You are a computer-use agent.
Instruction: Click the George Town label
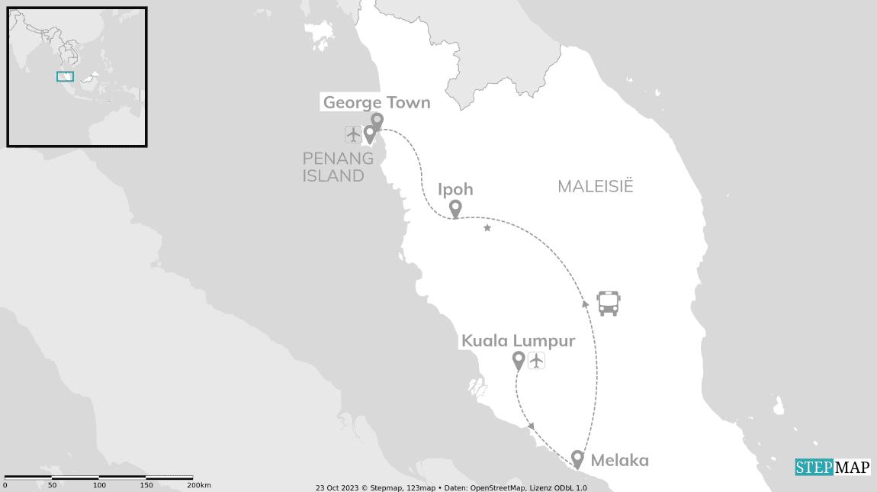pyautogui.click(x=377, y=102)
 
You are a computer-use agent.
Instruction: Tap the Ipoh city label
pyautogui.click(x=455, y=189)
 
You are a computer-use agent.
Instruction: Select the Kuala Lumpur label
pyautogui.click(x=518, y=341)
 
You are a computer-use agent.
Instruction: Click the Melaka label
pyautogui.click(x=619, y=460)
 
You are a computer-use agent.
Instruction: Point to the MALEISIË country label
pyautogui.click(x=596, y=187)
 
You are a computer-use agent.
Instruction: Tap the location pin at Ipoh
pyautogui.click(x=455, y=207)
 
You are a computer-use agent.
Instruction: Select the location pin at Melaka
pyautogui.click(x=578, y=458)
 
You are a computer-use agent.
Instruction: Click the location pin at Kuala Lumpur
pyautogui.click(x=519, y=359)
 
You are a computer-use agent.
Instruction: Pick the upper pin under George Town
pyautogui.click(x=376, y=121)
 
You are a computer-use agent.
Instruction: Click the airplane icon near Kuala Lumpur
pyautogui.click(x=537, y=360)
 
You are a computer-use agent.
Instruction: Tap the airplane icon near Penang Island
pyautogui.click(x=352, y=135)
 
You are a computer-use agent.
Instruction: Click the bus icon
pyautogui.click(x=608, y=303)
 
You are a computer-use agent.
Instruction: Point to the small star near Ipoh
pyautogui.click(x=487, y=227)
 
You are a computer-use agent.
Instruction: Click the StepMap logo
pyautogui.click(x=833, y=467)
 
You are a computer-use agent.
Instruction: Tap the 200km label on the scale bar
pyautogui.click(x=199, y=485)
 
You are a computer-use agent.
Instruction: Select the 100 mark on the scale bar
pyautogui.click(x=100, y=485)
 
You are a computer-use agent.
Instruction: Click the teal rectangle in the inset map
pyautogui.click(x=65, y=76)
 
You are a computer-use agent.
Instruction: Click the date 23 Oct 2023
pyautogui.click(x=337, y=487)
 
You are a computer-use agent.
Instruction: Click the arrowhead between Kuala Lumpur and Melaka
pyautogui.click(x=531, y=426)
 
